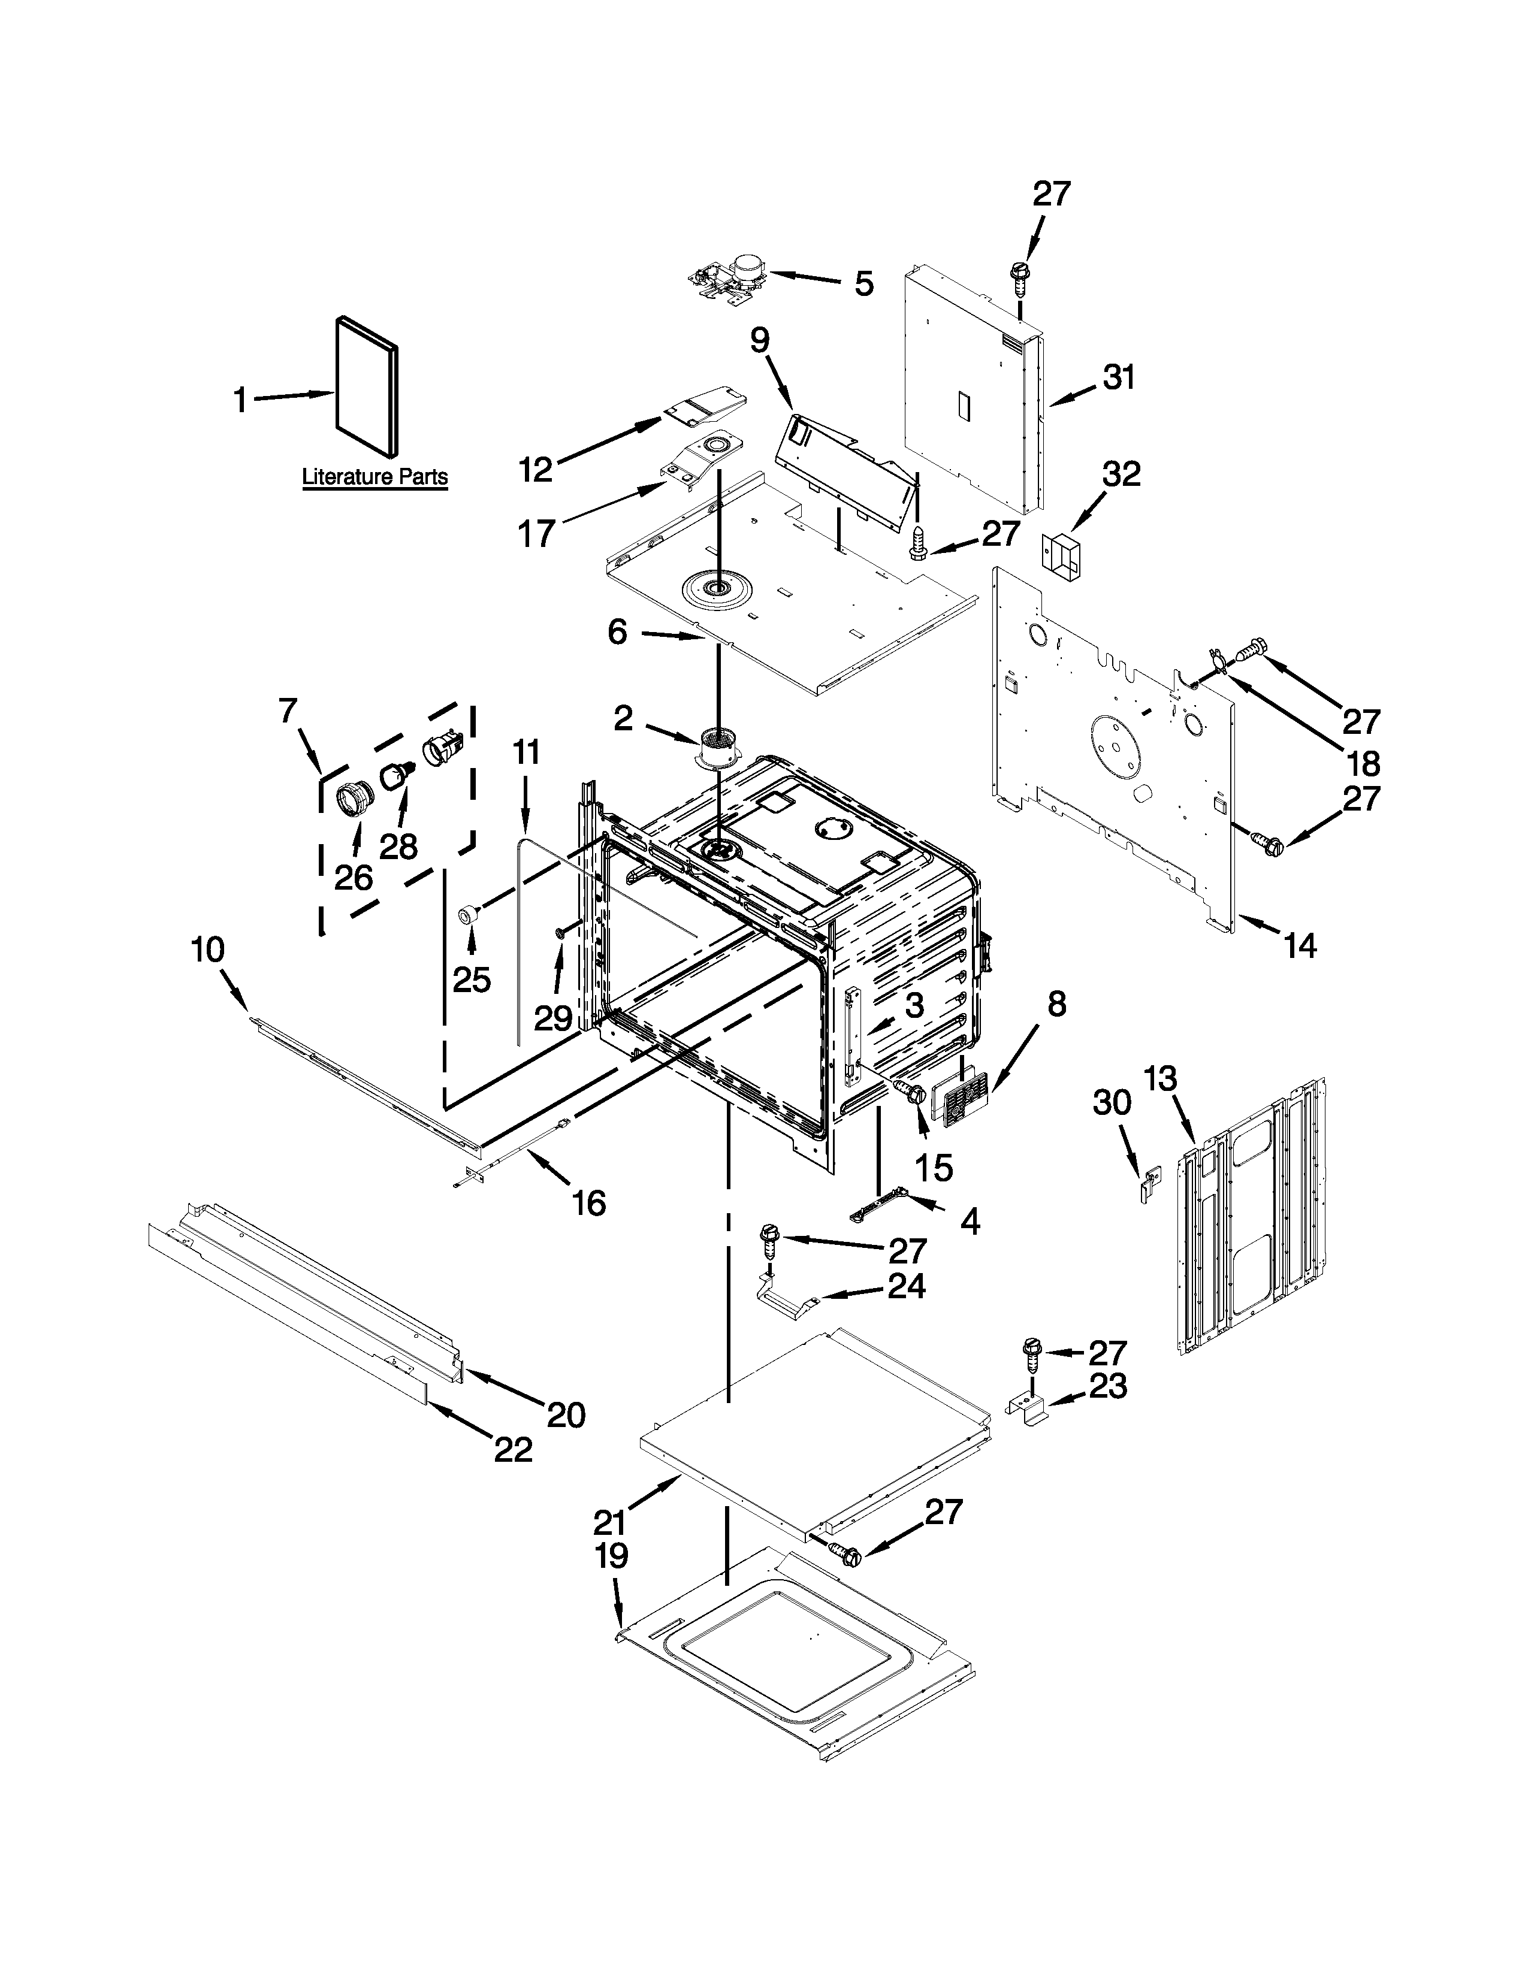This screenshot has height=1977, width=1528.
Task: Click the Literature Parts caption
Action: tap(374, 476)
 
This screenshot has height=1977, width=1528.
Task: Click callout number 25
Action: tap(472, 980)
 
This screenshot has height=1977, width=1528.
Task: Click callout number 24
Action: tap(906, 1286)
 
